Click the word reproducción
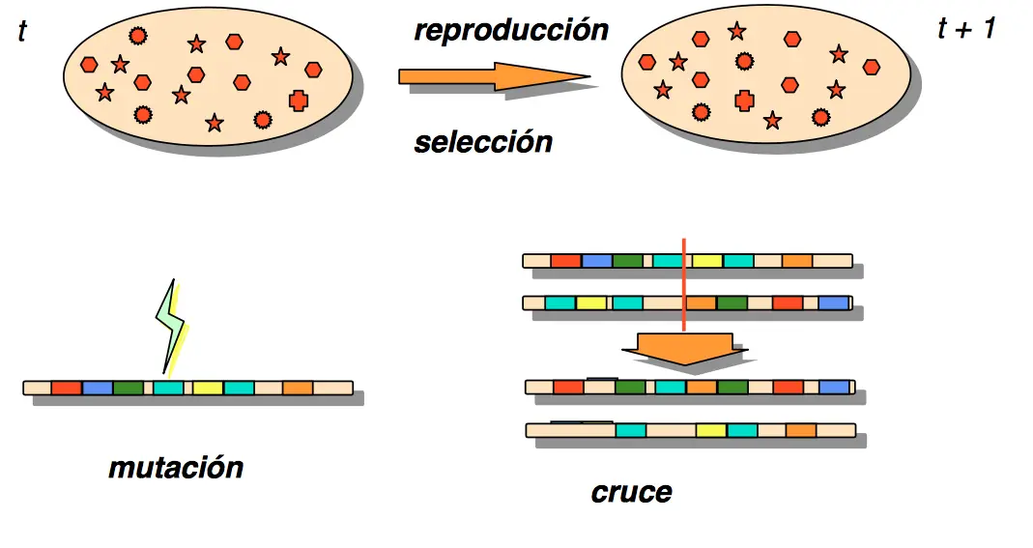(511, 30)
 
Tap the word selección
(483, 142)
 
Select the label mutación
(175, 468)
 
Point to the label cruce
(631, 492)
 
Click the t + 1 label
(965, 29)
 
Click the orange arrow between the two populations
(493, 76)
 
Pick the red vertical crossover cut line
(683, 285)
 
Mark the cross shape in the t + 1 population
(743, 99)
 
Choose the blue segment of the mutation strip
(97, 388)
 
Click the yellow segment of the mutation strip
(208, 388)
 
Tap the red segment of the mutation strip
(66, 388)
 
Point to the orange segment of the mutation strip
(298, 388)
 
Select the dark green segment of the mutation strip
(128, 388)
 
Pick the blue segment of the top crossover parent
(596, 261)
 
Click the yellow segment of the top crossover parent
(707, 261)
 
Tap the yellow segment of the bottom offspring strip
(710, 430)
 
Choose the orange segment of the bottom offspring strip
(800, 430)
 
